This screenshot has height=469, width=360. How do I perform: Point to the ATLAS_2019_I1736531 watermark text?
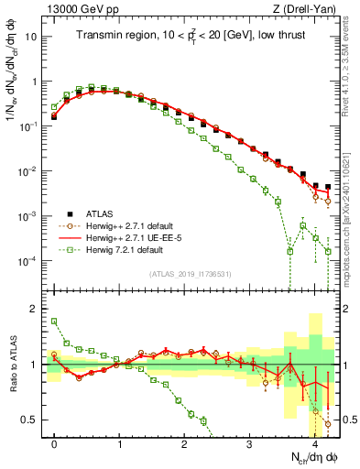coord(189,274)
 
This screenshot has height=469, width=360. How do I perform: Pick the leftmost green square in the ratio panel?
coord(54,321)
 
